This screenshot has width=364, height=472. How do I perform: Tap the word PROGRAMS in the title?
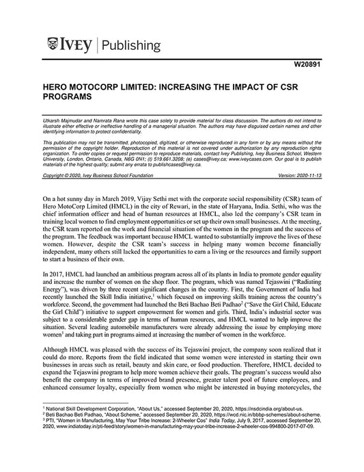67,99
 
